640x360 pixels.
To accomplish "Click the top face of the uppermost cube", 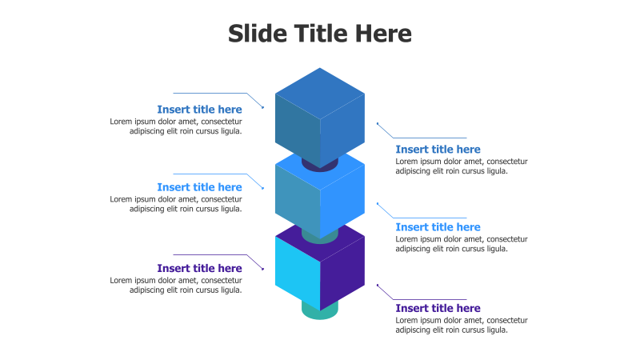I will click(x=320, y=92).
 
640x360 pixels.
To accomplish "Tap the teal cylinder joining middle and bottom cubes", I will click(x=320, y=236).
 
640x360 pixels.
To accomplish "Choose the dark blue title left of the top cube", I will click(x=199, y=110).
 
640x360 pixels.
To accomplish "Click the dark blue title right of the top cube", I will click(x=438, y=150).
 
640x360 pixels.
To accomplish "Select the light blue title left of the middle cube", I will click(x=199, y=187).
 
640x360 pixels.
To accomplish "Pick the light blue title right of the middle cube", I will click(x=438, y=227).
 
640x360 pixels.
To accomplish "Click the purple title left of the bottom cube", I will click(x=199, y=269).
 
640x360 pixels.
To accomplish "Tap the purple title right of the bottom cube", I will click(x=438, y=309).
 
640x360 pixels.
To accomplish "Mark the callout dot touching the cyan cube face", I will click(x=263, y=269).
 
